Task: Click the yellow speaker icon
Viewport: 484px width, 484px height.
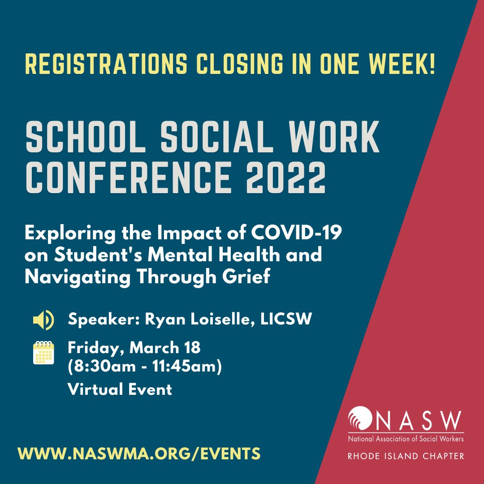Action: point(43,320)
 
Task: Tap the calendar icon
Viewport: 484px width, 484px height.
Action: point(43,353)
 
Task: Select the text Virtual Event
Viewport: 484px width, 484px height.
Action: point(120,389)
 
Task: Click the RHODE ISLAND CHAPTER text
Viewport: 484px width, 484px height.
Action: point(406,456)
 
